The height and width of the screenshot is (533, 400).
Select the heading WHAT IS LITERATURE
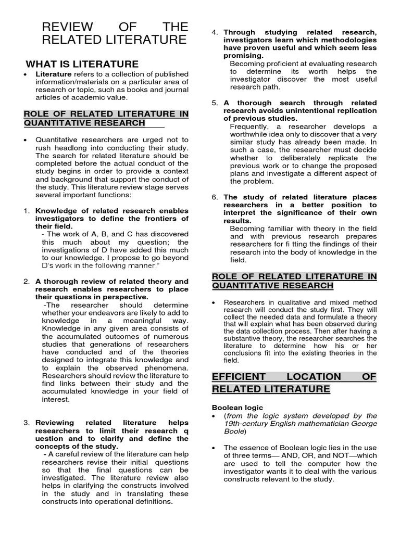(82, 64)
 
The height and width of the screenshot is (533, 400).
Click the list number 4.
(215, 32)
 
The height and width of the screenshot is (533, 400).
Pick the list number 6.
(215, 197)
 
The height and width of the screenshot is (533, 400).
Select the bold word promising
(243, 56)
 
